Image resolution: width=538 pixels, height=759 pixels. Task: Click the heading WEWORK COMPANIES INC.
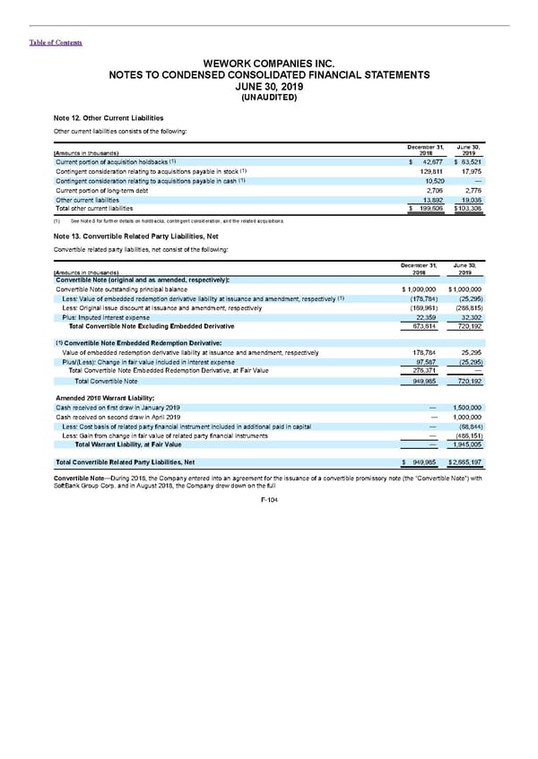268,63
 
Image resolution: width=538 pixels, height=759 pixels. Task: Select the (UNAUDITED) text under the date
268,98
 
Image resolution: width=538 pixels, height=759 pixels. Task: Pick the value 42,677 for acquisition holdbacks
422,161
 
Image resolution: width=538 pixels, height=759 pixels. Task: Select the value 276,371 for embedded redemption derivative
421,371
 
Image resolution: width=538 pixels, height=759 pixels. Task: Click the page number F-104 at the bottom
269,500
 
